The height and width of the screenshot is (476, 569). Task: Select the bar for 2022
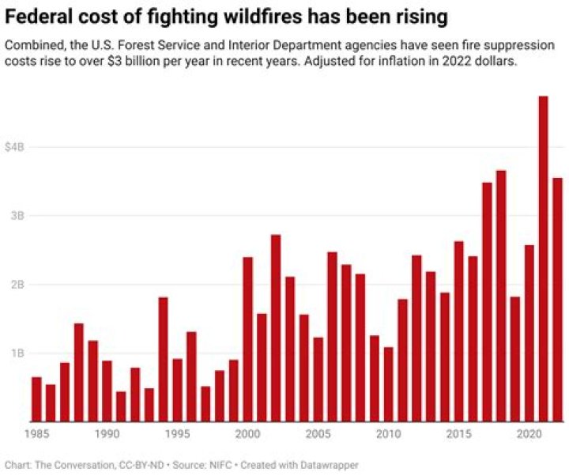(557, 300)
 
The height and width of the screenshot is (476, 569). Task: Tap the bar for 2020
(529, 333)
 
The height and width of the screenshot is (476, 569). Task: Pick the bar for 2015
(458, 331)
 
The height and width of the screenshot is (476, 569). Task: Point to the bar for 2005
(318, 380)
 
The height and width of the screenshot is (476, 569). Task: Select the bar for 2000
(247, 339)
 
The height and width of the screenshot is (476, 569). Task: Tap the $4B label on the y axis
(15, 147)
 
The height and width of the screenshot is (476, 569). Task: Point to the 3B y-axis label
(18, 216)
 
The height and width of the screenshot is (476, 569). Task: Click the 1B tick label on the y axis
(18, 353)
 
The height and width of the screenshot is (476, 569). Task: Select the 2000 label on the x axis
(247, 434)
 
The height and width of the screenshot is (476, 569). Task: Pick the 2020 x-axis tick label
(529, 434)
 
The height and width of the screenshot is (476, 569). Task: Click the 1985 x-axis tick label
(36, 434)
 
